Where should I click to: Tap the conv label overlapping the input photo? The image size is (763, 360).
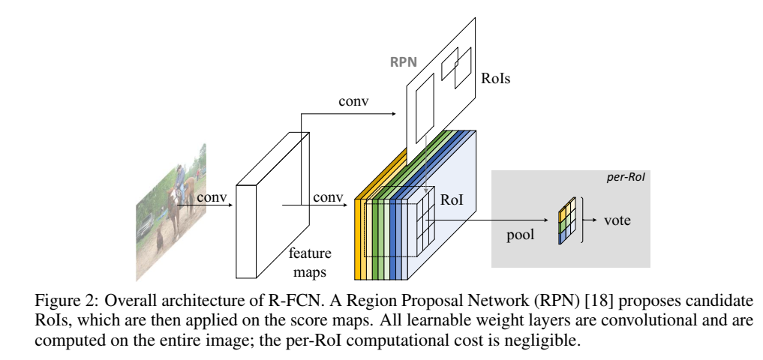tap(211, 197)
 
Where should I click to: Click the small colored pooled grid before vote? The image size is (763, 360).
tap(568, 220)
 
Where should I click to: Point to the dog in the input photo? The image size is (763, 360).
tap(160, 239)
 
